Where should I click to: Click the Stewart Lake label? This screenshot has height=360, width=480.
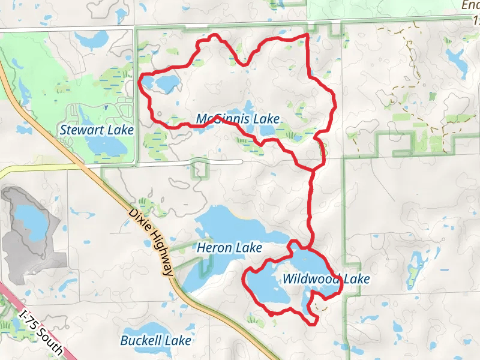(x=97, y=130)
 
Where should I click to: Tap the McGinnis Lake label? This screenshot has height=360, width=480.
(x=238, y=119)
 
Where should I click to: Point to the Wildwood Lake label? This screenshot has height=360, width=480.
(x=325, y=279)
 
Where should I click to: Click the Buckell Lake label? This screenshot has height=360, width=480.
(x=155, y=341)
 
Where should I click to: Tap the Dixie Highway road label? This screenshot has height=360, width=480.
(x=151, y=242)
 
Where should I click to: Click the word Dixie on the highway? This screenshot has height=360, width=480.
(x=137, y=220)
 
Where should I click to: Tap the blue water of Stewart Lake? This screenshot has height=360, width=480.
(x=105, y=145)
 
